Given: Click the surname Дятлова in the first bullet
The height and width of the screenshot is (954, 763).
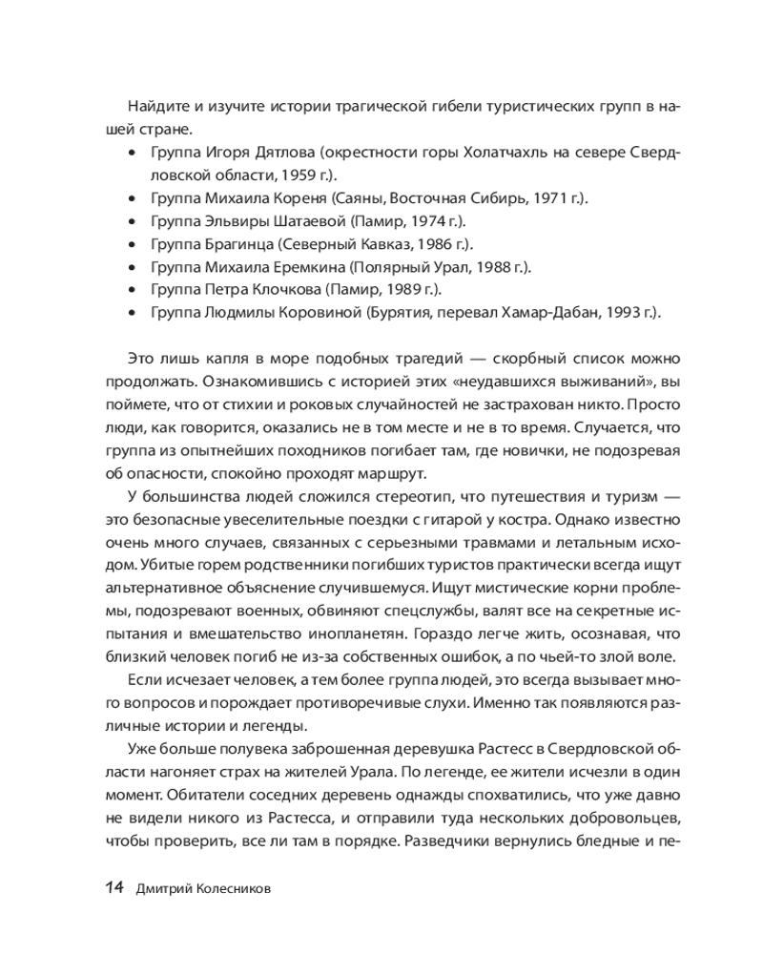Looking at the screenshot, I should point(286,153).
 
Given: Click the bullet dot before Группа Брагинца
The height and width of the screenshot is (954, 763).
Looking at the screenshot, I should point(132,244).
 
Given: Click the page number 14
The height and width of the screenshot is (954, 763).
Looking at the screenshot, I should point(114,888).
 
